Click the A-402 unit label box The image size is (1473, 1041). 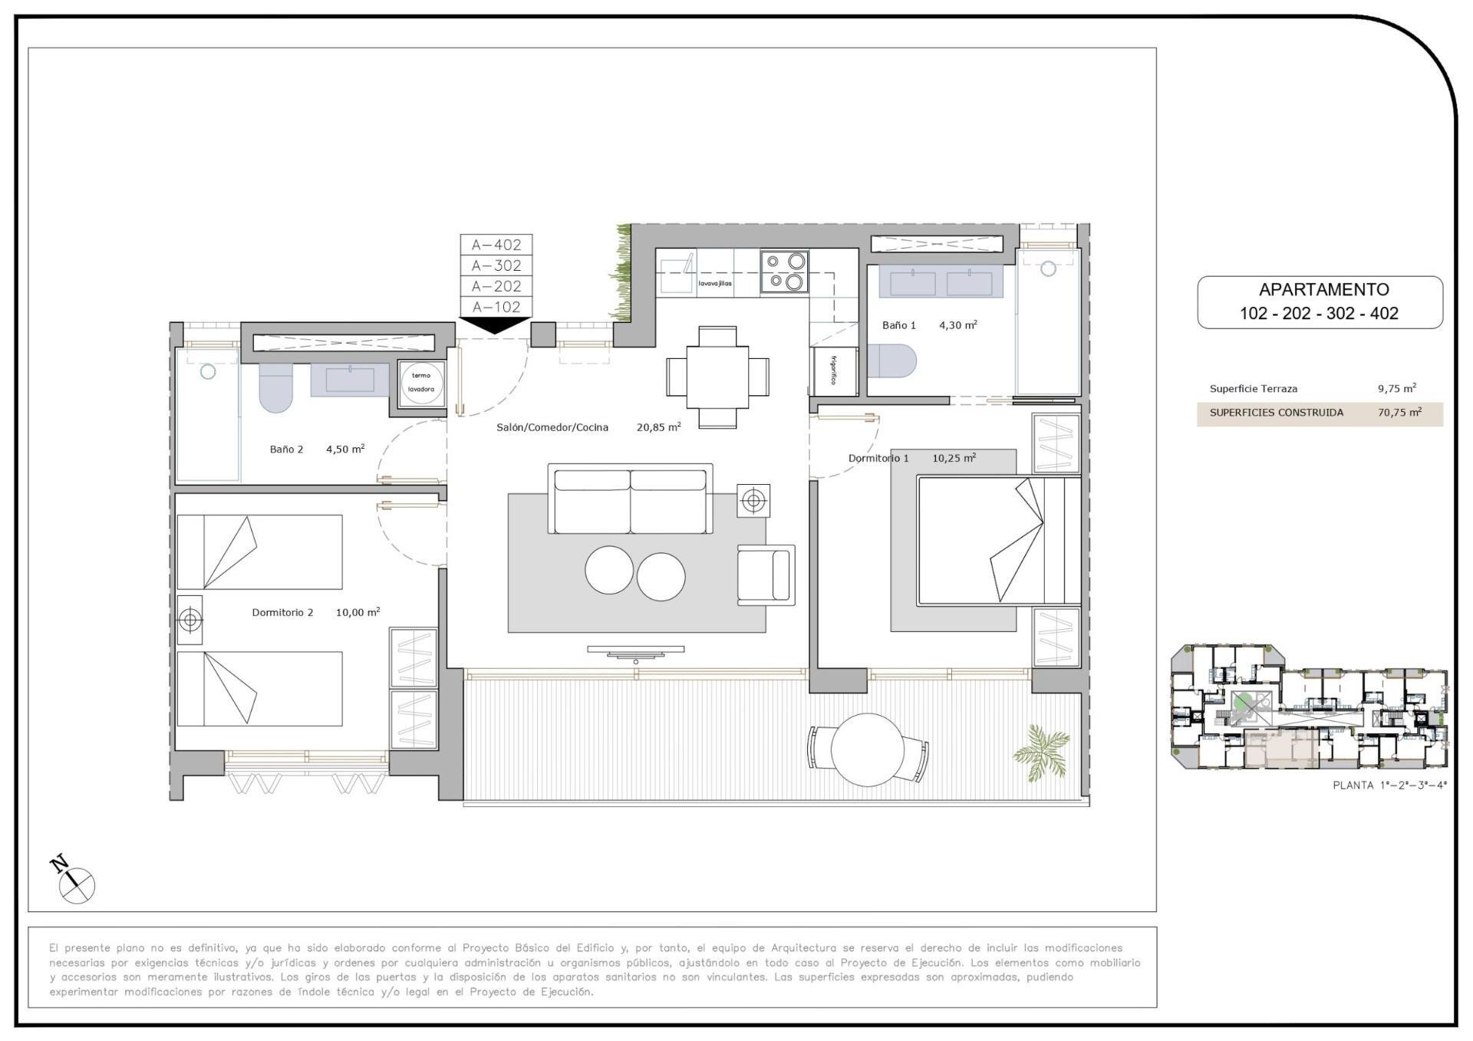pyautogui.click(x=496, y=245)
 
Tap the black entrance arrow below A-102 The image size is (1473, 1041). pyautogui.click(x=496, y=325)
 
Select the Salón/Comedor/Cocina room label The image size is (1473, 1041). pyautogui.click(x=552, y=427)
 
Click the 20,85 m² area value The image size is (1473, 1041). pyautogui.click(x=658, y=427)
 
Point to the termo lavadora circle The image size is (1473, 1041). pyautogui.click(x=421, y=383)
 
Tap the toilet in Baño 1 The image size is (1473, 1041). pyautogui.click(x=893, y=361)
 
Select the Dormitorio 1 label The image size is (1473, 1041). pyautogui.click(x=878, y=458)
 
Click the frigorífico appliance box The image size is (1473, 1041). pyautogui.click(x=834, y=372)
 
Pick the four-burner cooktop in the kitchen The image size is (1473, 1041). pyautogui.click(x=784, y=272)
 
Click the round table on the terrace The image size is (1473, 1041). pyautogui.click(x=868, y=749)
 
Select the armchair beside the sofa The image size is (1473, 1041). pyautogui.click(x=764, y=575)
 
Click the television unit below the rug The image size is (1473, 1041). pyautogui.click(x=635, y=652)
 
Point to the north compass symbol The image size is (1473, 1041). pyautogui.click(x=75, y=883)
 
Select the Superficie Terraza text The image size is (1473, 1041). pyautogui.click(x=1253, y=389)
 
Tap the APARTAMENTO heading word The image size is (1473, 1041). pyautogui.click(x=1323, y=290)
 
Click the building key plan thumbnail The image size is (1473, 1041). pyautogui.click(x=1308, y=708)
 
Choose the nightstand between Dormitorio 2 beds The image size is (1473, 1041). pyautogui.click(x=189, y=619)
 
